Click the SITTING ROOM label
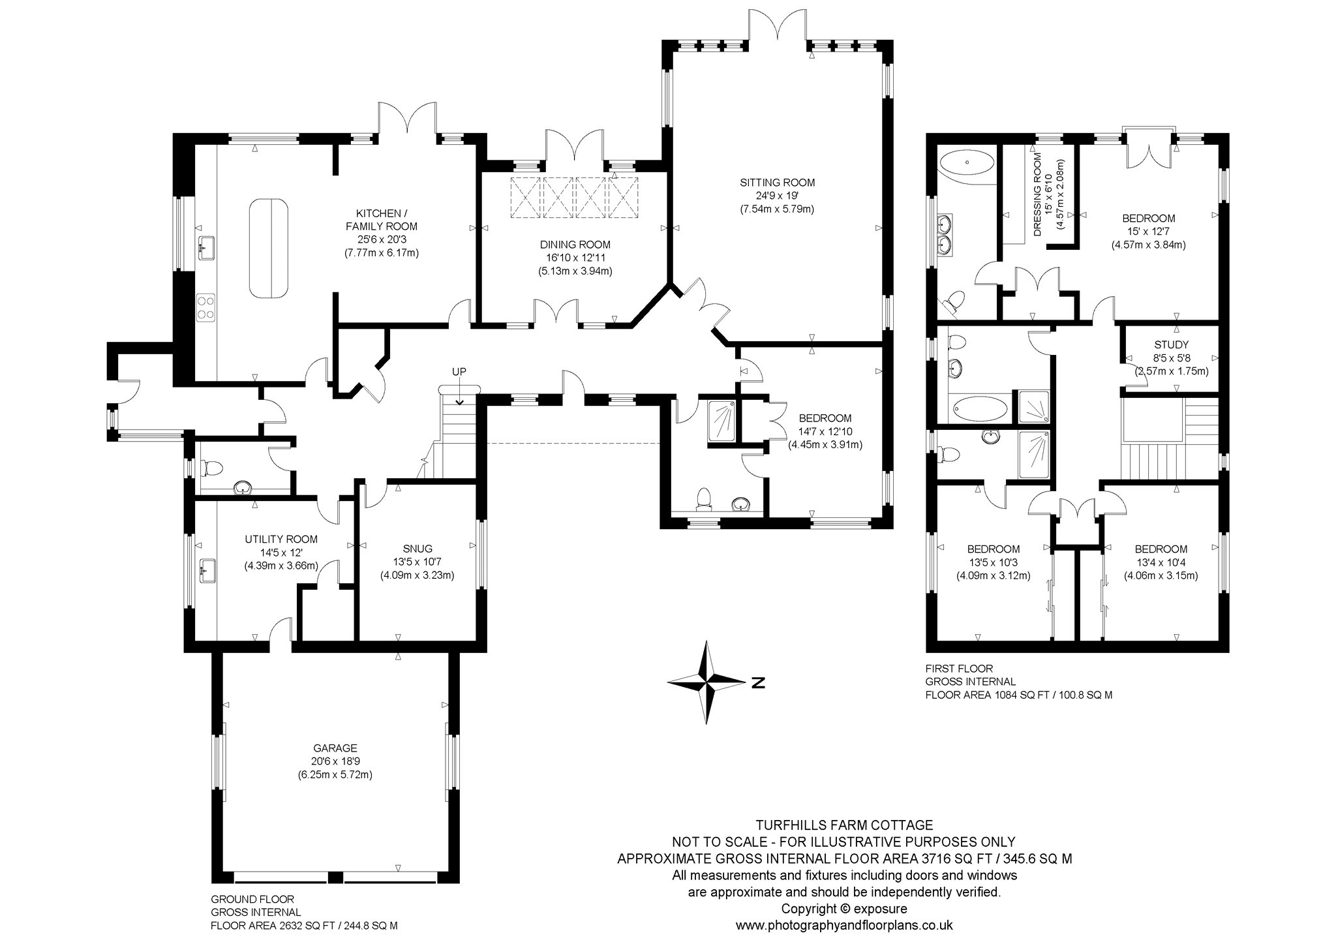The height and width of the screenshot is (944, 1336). click(777, 183)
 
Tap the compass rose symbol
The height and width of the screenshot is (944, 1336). click(707, 682)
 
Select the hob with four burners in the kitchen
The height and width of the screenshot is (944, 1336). click(207, 307)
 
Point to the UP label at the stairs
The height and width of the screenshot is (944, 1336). click(459, 371)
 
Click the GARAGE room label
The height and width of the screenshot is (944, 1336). click(336, 748)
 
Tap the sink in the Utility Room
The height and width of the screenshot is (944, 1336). click(207, 571)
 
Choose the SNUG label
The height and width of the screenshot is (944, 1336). click(417, 549)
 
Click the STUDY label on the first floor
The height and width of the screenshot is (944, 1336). click(1171, 344)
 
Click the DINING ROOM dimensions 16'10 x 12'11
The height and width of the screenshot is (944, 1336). click(575, 258)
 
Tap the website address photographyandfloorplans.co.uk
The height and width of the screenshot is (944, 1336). click(844, 925)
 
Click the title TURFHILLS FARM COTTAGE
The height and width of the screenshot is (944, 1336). click(844, 825)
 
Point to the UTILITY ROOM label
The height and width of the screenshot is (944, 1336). click(281, 539)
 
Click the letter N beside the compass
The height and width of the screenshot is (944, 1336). click(757, 683)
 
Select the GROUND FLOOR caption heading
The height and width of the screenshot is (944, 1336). click(252, 899)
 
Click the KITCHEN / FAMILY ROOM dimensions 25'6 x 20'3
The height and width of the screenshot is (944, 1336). click(382, 239)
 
